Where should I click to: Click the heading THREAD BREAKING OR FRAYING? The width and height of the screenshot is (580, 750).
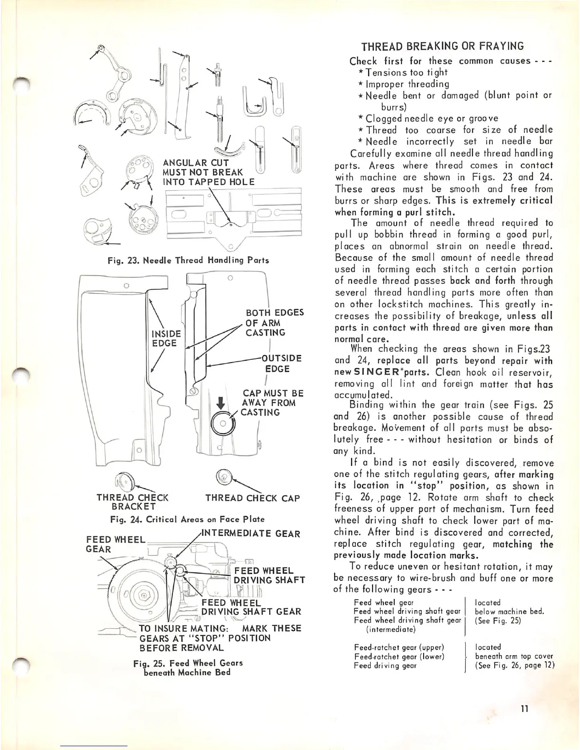coord(443,46)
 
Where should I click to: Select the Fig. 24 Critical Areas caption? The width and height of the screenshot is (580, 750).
coord(187,519)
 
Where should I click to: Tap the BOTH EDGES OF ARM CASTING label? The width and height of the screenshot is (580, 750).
coord(274,322)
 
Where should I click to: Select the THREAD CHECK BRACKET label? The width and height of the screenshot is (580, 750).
coord(132,502)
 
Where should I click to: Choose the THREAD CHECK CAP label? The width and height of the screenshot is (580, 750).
coord(252,498)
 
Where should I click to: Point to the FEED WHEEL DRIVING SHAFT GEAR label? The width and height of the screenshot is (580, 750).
coord(251,607)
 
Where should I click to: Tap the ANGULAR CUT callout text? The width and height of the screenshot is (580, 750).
coord(208,172)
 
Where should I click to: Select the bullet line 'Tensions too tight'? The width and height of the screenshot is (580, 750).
coord(403,72)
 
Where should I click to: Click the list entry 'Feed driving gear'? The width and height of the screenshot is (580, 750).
coord(385,665)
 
